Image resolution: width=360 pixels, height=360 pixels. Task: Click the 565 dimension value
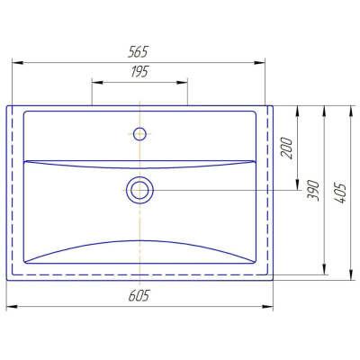tap(138, 52)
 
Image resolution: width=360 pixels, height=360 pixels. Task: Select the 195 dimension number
tap(139, 72)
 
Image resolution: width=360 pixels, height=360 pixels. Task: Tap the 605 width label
tap(139, 296)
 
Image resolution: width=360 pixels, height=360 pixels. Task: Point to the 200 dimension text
tap(286, 148)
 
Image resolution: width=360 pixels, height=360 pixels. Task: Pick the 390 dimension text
tap(313, 191)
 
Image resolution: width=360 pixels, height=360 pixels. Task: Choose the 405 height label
tap(341, 193)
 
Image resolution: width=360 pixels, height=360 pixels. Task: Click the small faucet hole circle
tap(139, 134)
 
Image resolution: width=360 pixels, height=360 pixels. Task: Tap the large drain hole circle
tap(139, 190)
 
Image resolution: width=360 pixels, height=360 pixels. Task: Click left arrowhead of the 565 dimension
tap(17, 62)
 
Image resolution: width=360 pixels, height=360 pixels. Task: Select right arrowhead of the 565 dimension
tap(259, 62)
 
